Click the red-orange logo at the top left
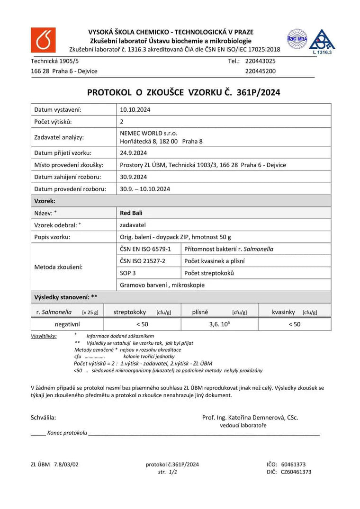click(43, 40)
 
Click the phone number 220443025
click(261, 61)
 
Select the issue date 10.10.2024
click(135, 109)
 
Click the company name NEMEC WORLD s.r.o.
click(148, 133)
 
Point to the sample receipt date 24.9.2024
click(134, 153)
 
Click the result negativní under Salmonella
click(67, 324)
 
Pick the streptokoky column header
click(130, 312)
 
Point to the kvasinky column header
click(284, 312)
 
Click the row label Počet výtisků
click(53, 122)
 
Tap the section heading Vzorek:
click(45, 201)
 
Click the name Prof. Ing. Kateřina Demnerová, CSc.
click(250, 418)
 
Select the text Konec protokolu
click(67, 433)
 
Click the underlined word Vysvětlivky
click(44, 336)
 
